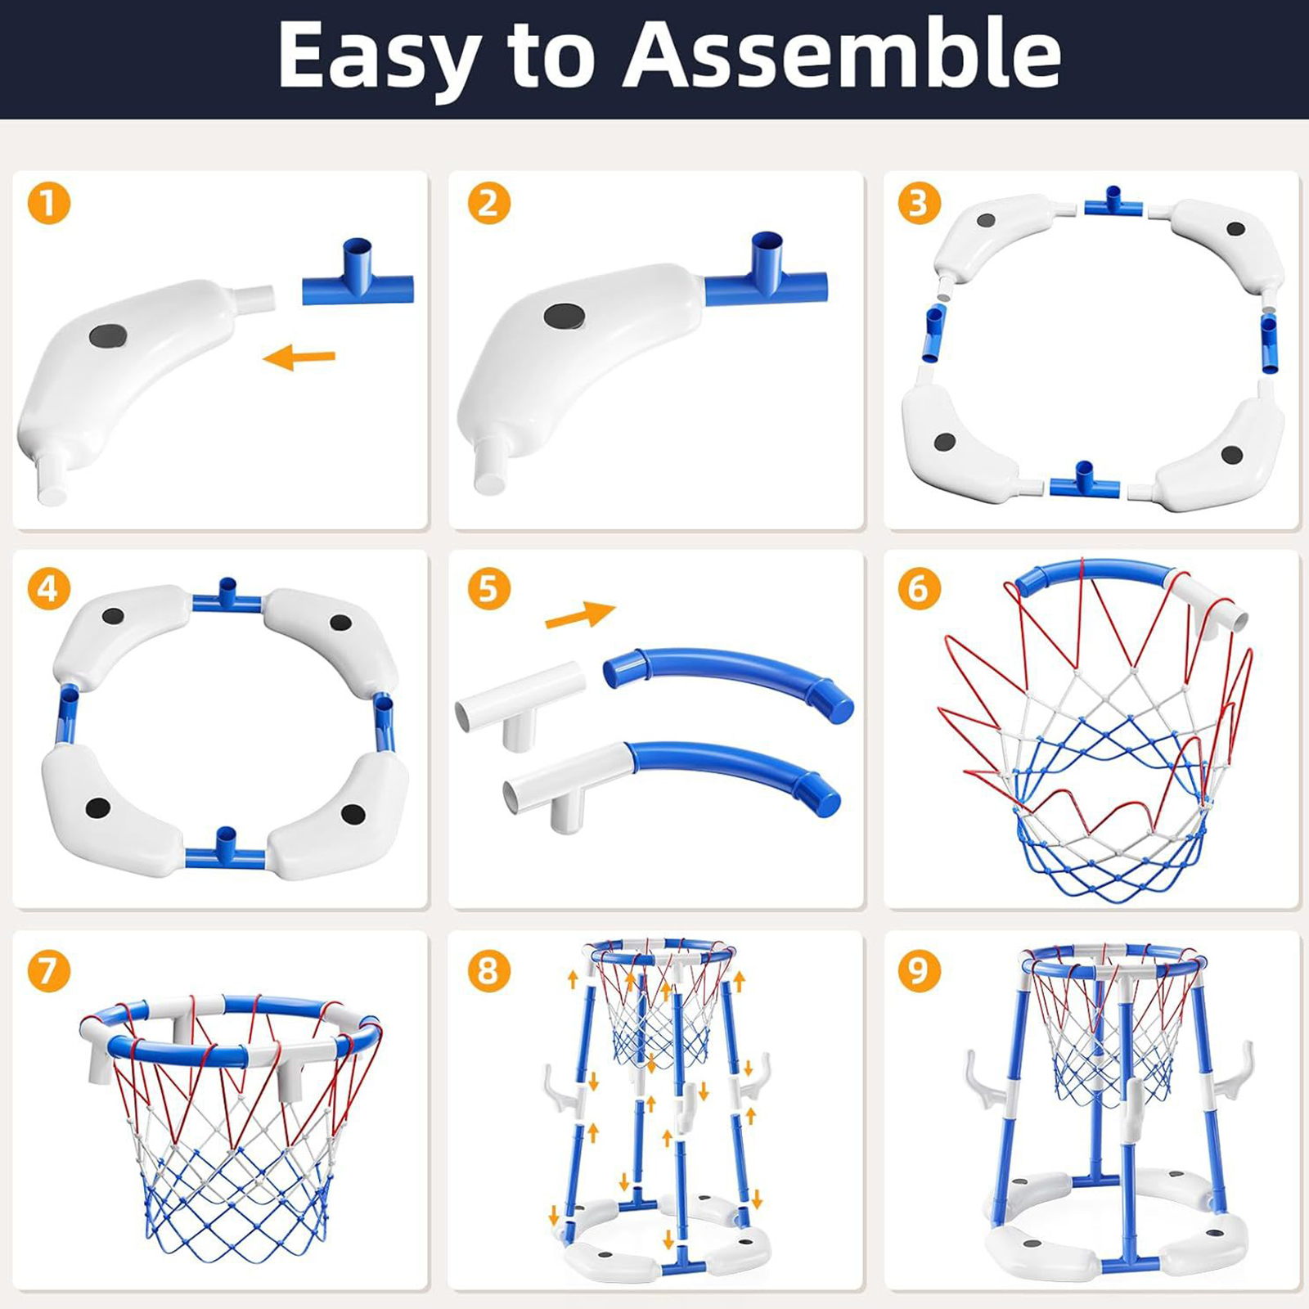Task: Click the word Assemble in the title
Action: pos(842,54)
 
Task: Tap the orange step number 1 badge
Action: pos(49,203)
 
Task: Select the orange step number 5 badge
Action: pos(488,588)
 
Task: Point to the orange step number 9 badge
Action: pos(918,970)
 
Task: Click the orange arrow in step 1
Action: pos(299,357)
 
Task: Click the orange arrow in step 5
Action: pos(580,614)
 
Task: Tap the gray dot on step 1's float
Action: pos(108,334)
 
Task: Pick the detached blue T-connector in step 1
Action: pos(358,272)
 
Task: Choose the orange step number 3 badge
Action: pos(918,203)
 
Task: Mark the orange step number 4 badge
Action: pos(49,588)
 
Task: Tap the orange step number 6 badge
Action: pos(918,588)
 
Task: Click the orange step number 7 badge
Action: pos(49,970)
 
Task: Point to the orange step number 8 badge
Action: pos(488,970)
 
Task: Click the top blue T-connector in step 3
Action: pos(1115,201)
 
